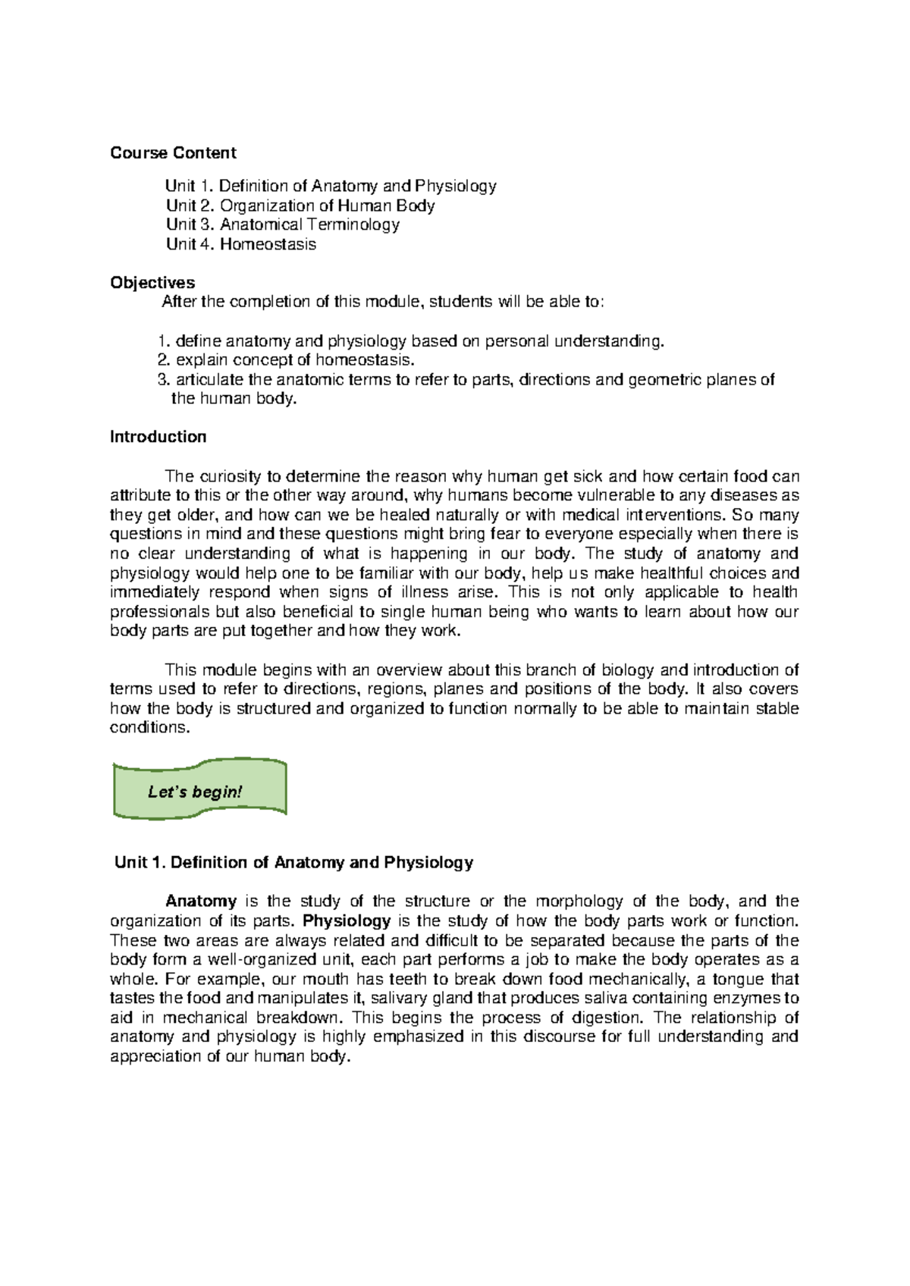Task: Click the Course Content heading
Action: point(173,153)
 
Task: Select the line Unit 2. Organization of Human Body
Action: point(300,205)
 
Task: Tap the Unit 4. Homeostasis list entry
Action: point(240,244)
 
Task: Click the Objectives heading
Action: point(152,283)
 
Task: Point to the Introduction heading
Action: point(158,437)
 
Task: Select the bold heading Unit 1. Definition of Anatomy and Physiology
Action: point(293,862)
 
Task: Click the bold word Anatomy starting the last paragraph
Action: point(201,902)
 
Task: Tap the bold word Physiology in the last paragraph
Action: point(347,921)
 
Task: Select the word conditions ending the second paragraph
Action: point(147,728)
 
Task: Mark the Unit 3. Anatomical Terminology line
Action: point(283,224)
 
